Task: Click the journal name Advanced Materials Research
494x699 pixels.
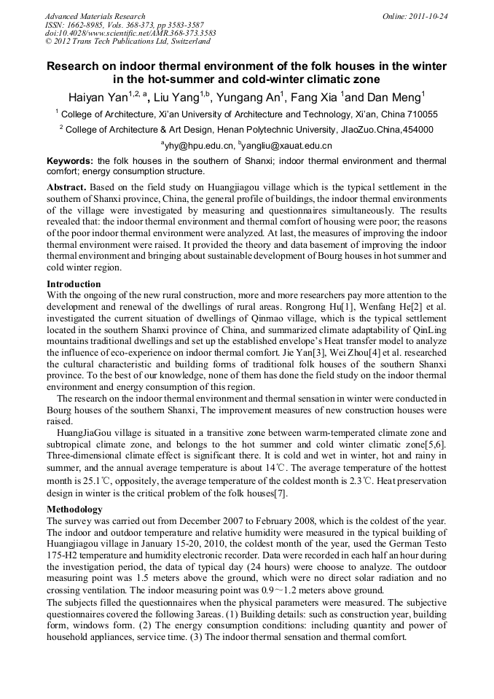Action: click(x=95, y=16)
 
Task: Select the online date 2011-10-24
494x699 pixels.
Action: click(x=427, y=16)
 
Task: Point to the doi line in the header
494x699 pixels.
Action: click(x=130, y=34)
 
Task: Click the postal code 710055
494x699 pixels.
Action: click(x=420, y=114)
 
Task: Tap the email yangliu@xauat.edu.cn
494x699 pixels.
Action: click(x=291, y=146)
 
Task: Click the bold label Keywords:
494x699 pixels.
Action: click(x=70, y=161)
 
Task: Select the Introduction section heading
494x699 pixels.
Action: click(x=74, y=284)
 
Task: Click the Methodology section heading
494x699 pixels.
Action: click(x=74, y=509)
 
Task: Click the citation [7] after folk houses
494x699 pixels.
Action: click(x=281, y=493)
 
